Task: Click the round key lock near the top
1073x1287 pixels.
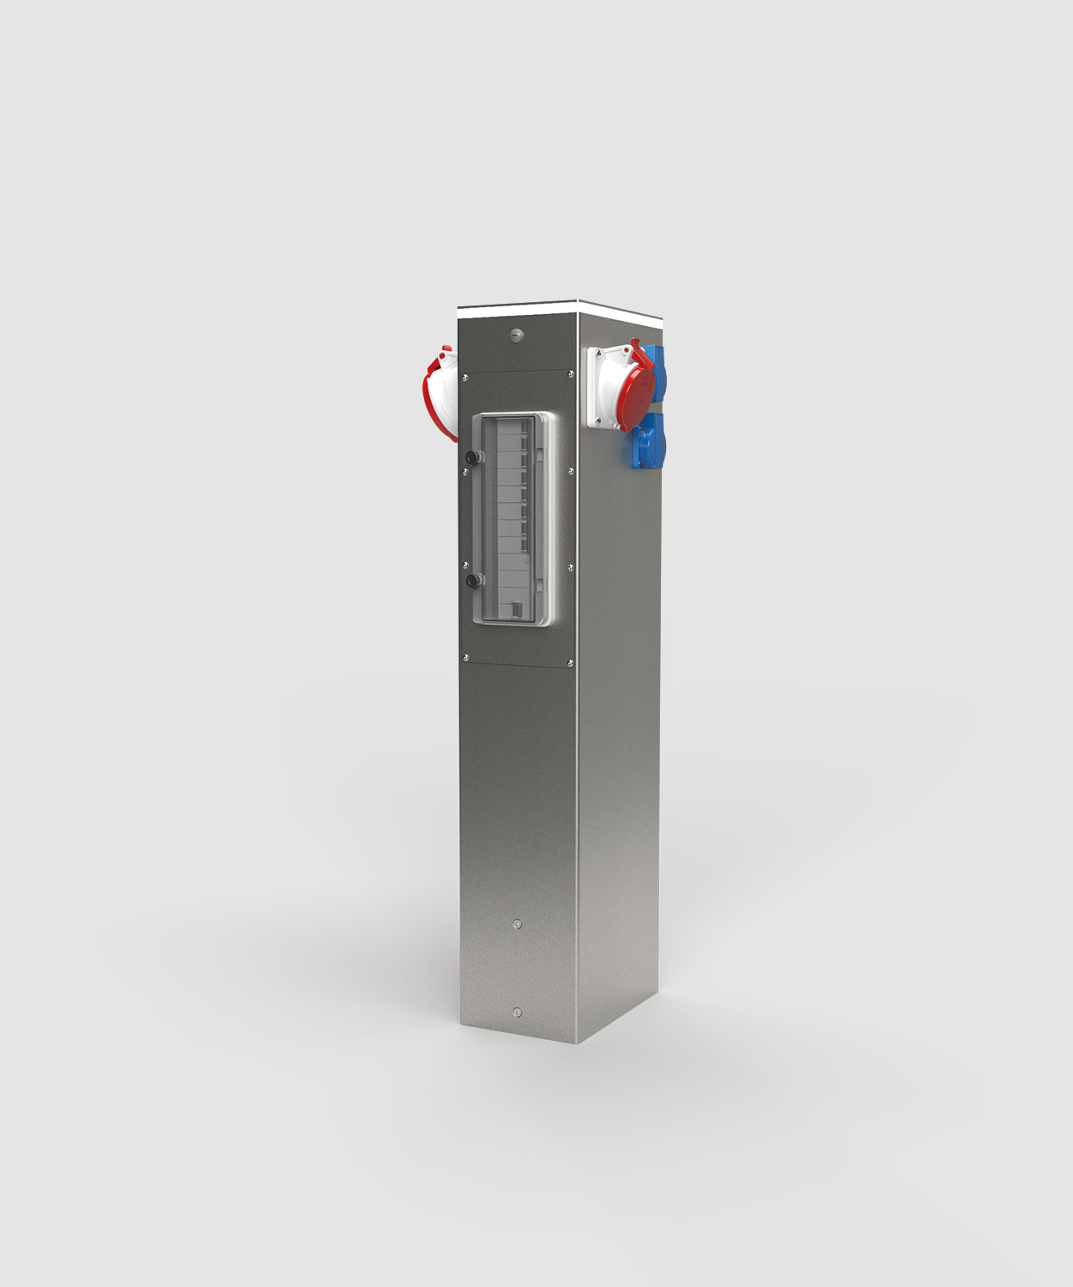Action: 516,335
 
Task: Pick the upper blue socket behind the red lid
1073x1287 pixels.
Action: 659,365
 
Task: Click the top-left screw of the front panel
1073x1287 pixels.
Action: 464,377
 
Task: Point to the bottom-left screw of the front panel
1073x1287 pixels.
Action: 465,658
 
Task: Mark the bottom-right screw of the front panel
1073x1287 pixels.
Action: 571,662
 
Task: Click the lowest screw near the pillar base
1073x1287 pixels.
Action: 517,1012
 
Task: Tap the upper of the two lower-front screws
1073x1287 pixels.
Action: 517,924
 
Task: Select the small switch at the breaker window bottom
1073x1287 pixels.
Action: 517,610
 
